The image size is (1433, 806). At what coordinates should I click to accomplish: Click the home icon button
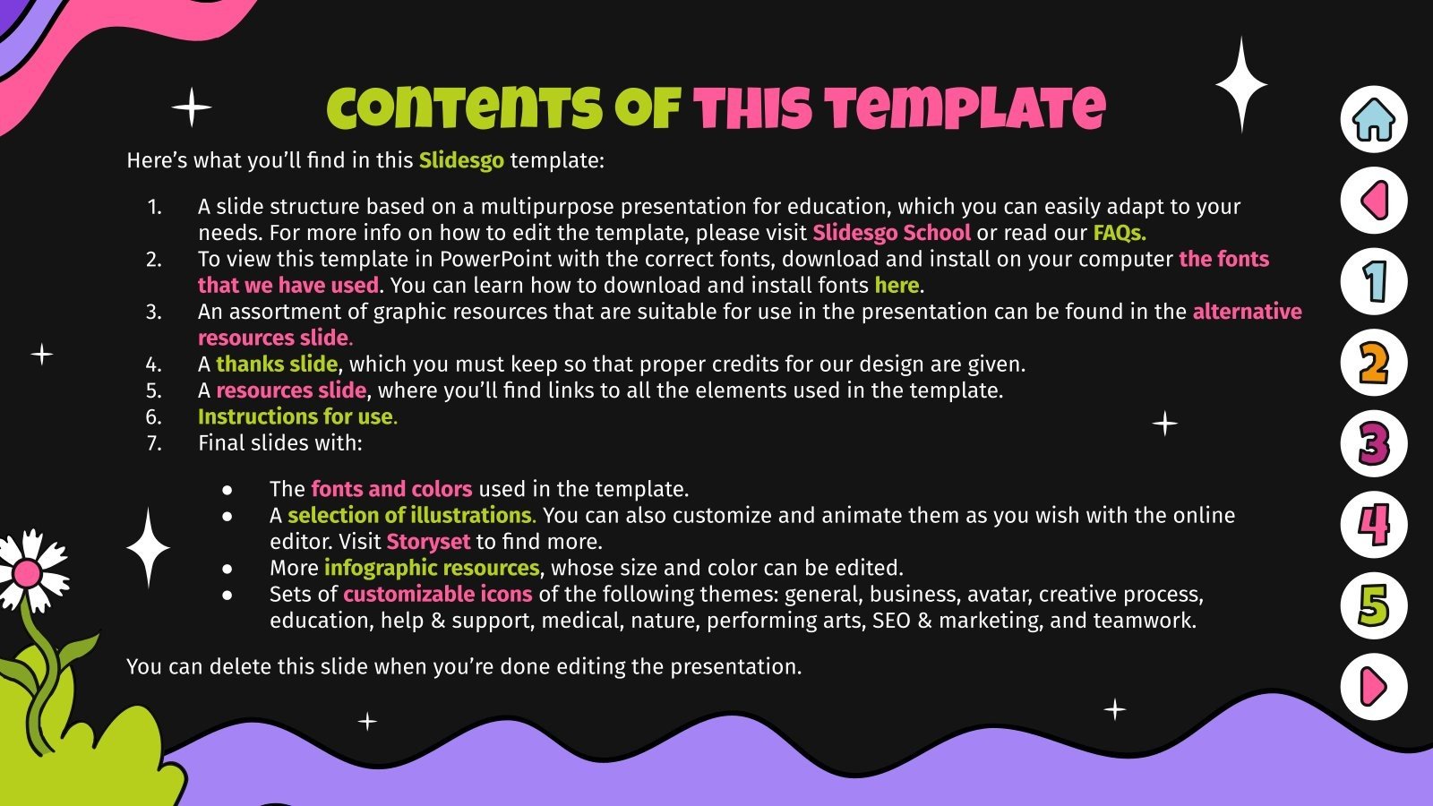coord(1374,120)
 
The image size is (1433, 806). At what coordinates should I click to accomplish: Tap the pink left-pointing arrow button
coord(1374,201)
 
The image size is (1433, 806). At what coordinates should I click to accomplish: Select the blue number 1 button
coord(1374,281)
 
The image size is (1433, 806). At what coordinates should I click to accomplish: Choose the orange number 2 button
coord(1374,363)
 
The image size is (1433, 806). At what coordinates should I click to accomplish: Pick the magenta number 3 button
coord(1374,443)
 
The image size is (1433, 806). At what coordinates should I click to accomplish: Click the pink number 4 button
coord(1374,525)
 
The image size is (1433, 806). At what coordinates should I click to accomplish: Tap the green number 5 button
coord(1374,605)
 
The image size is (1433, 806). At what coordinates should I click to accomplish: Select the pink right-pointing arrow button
coord(1374,687)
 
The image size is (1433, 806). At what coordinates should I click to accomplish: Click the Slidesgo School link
coord(891,233)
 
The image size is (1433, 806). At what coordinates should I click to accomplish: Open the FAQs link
coord(1119,233)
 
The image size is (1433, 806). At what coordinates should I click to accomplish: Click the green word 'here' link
coord(897,285)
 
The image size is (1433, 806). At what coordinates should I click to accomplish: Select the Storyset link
coord(428,542)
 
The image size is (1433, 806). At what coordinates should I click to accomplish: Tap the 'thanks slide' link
coord(277,364)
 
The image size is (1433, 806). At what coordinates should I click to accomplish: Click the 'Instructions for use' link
coord(296,416)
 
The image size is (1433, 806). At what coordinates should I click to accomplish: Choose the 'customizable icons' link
coord(437,594)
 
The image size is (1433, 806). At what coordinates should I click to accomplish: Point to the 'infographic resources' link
coord(432,568)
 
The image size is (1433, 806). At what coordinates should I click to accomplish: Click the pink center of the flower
coord(27,573)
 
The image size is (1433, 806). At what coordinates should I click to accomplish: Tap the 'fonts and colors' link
coord(391,489)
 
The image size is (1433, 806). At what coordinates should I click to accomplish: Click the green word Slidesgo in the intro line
coord(461,160)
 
